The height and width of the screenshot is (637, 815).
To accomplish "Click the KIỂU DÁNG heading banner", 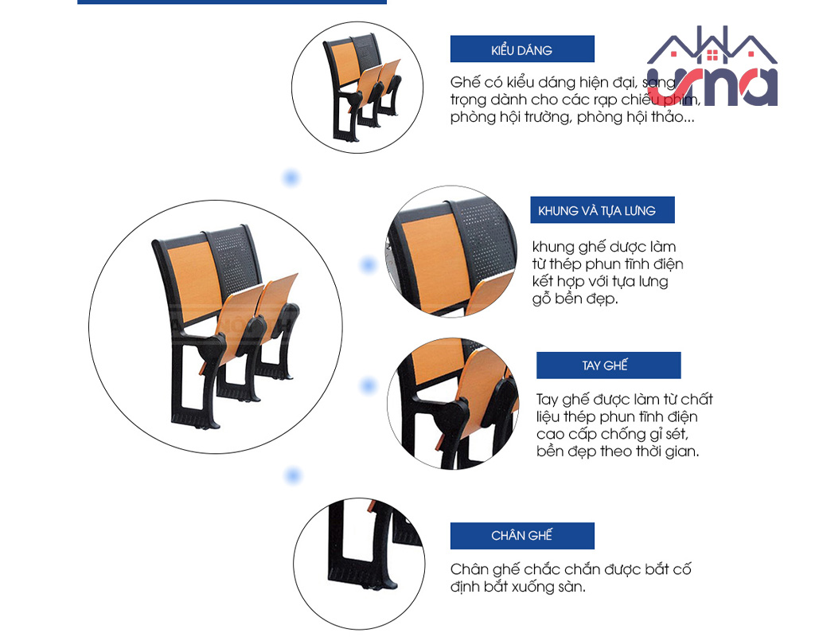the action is click(x=522, y=49).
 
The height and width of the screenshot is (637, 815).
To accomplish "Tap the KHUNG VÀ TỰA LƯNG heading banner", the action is click(x=602, y=210).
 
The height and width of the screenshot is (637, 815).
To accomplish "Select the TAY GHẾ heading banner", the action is click(x=609, y=365).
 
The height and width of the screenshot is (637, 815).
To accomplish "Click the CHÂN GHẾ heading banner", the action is click(x=522, y=536).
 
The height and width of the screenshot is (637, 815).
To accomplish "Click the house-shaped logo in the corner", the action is click(x=712, y=67).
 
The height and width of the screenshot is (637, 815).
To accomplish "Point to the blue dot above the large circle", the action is click(x=291, y=178).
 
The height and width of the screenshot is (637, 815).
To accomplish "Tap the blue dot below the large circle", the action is click(x=293, y=475).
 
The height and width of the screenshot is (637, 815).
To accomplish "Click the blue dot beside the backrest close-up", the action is click(x=368, y=265).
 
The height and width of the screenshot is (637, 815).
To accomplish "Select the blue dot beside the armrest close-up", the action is click(x=368, y=386).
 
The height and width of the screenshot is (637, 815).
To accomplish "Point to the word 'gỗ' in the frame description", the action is click(x=541, y=299).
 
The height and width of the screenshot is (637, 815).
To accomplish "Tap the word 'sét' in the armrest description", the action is click(x=676, y=434).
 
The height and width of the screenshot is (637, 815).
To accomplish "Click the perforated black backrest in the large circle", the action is click(x=235, y=260).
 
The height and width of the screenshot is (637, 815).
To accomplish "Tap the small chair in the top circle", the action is click(x=362, y=88).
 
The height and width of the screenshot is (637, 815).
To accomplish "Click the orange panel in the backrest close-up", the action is click(x=432, y=261).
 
